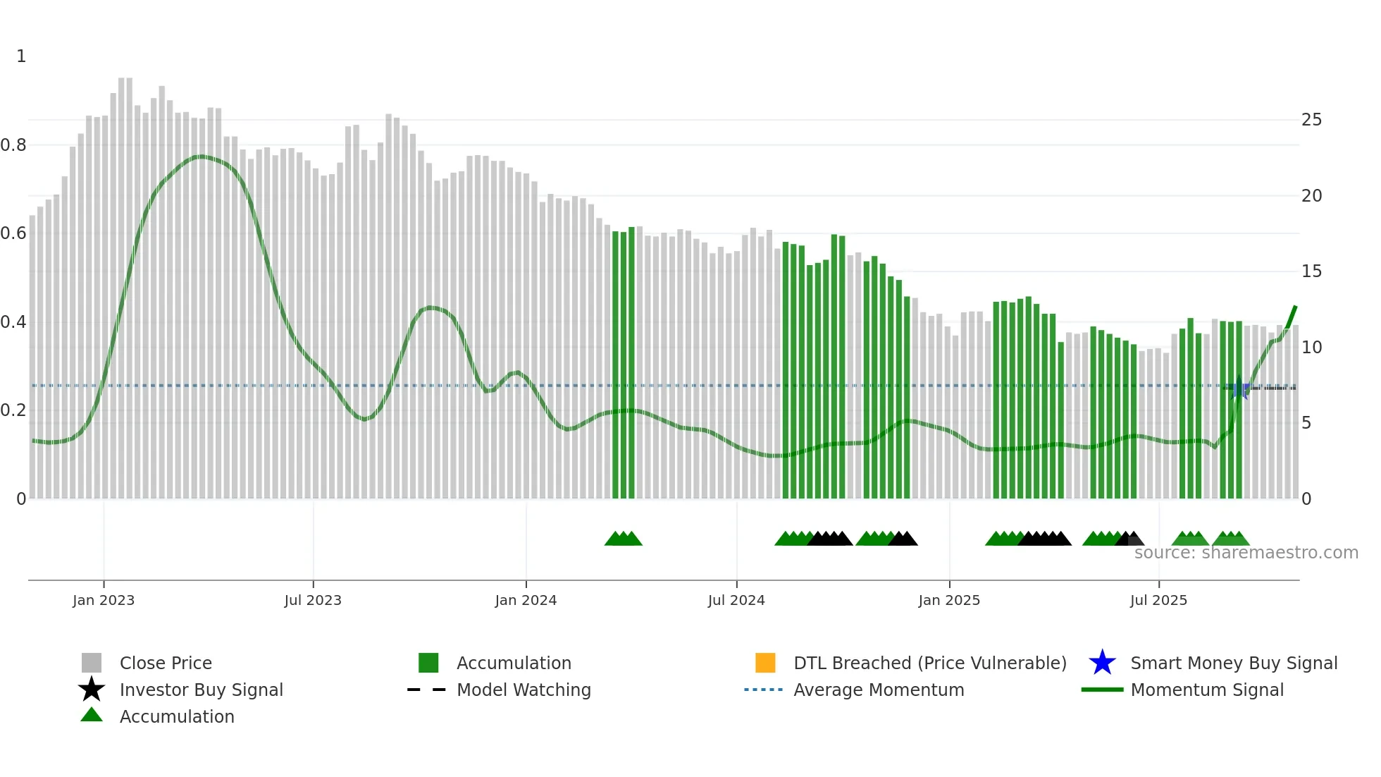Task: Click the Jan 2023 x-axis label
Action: click(104, 600)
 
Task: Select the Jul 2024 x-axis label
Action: click(736, 600)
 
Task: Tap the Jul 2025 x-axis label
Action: click(1158, 600)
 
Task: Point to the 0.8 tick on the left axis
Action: click(14, 145)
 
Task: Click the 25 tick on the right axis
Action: click(1311, 120)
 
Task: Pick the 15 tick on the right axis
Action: click(1311, 271)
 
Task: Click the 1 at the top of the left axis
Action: click(21, 56)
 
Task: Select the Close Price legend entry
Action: click(166, 663)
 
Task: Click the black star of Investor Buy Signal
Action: click(92, 690)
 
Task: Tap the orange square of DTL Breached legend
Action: click(765, 663)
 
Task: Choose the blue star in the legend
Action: click(1102, 663)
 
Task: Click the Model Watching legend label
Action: click(524, 690)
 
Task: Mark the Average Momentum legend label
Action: click(879, 690)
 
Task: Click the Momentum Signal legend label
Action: click(1207, 690)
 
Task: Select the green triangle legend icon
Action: click(92, 715)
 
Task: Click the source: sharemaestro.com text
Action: click(1246, 553)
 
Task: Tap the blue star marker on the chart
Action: click(1239, 388)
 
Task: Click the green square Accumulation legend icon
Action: click(428, 663)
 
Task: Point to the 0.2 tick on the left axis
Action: click(14, 410)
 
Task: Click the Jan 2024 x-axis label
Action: click(526, 600)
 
